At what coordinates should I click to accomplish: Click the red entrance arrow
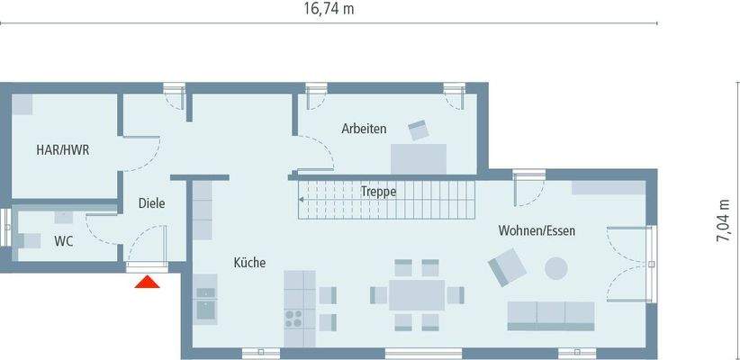pos(147,283)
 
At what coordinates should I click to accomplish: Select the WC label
pos(64,240)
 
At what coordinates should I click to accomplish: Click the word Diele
pos(151,203)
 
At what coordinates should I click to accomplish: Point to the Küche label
pos(249,263)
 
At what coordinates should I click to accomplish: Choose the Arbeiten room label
pos(364,129)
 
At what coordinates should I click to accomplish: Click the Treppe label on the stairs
pos(378,192)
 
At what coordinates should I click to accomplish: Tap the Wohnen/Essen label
pos(537,231)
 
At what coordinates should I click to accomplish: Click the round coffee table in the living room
pos(556,267)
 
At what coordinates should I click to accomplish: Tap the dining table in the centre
pos(417,294)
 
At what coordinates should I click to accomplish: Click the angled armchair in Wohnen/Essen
pos(507,267)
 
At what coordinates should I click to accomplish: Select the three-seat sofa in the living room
pos(551,313)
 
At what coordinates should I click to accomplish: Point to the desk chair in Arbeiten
pos(419,130)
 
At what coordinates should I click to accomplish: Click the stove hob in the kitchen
pos(294,316)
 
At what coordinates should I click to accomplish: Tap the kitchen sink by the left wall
pos(205,304)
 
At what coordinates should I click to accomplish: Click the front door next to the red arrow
pos(148,264)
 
